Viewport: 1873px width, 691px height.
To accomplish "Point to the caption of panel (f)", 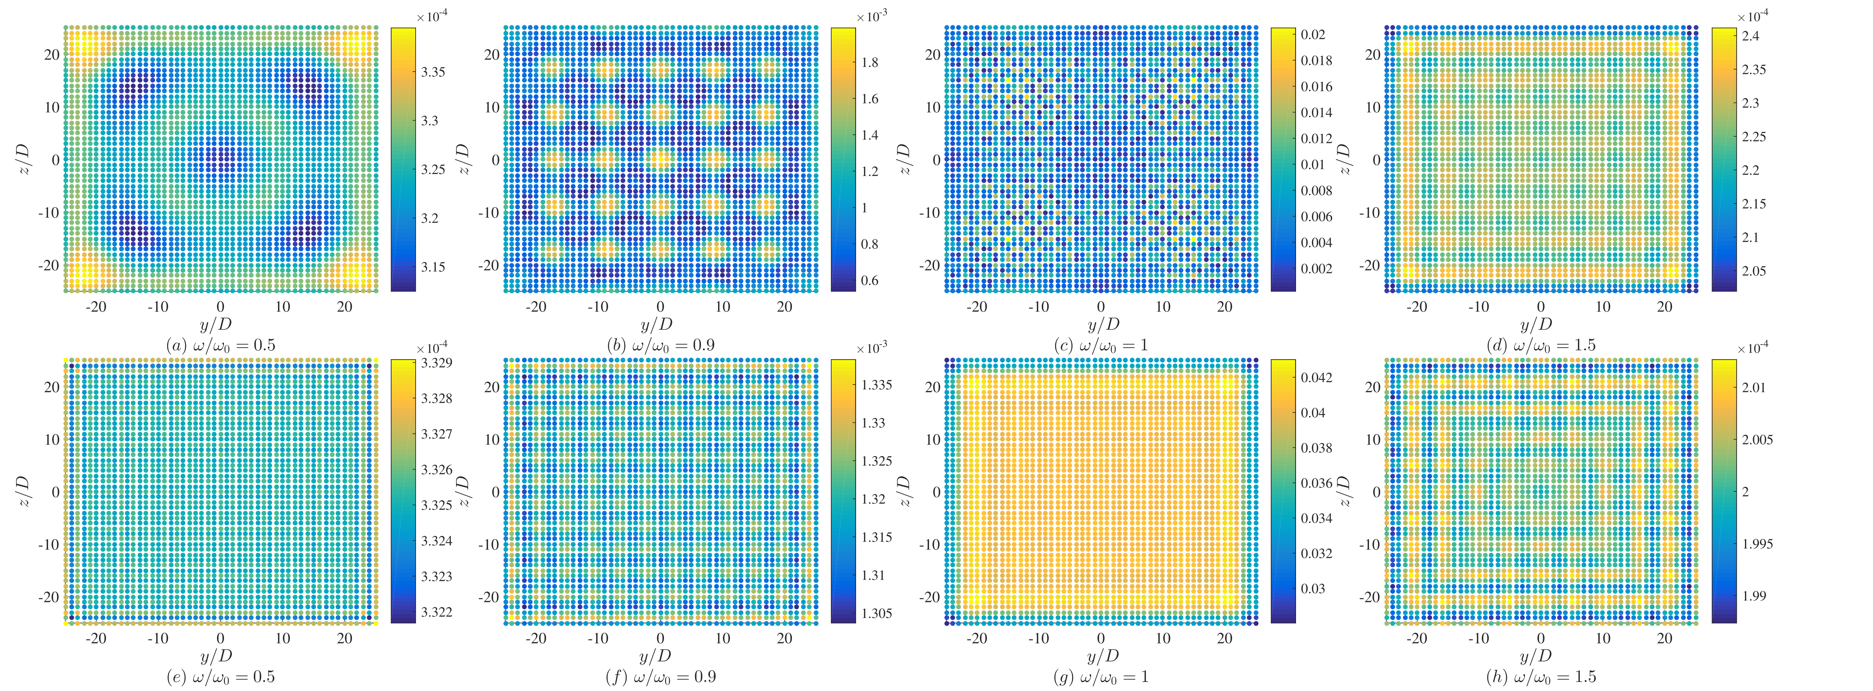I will (x=660, y=677).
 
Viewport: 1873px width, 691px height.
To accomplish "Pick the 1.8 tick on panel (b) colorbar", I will (x=870, y=63).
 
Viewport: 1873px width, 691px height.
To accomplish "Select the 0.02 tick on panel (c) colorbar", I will (x=1313, y=34).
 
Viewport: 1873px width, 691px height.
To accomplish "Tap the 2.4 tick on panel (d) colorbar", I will (x=1751, y=35).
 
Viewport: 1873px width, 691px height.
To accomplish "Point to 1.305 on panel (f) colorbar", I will (x=877, y=613).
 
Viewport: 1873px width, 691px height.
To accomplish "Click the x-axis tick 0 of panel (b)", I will (x=660, y=307).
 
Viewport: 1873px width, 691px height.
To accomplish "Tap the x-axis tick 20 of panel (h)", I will (x=1664, y=639).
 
